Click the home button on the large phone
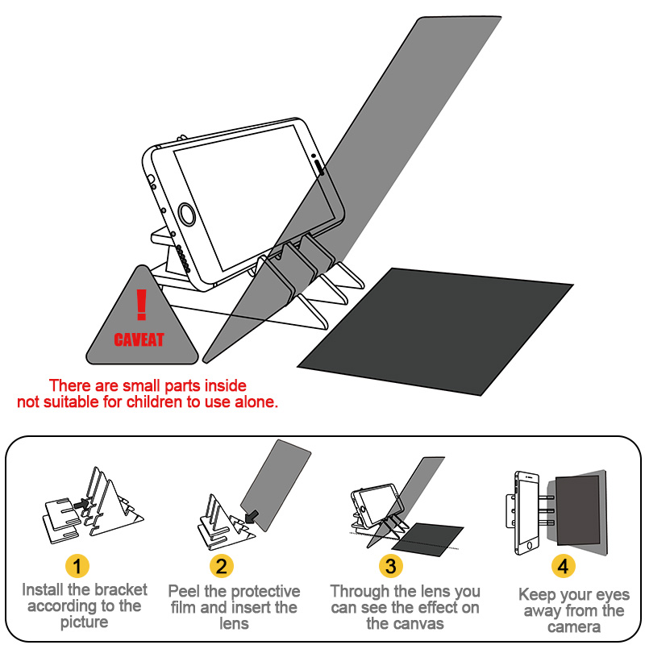(x=188, y=214)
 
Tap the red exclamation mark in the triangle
(x=142, y=306)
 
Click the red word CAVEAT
(x=139, y=339)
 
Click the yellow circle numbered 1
(x=77, y=566)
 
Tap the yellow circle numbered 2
(x=223, y=566)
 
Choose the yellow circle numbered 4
(x=563, y=566)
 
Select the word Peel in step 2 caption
(x=184, y=592)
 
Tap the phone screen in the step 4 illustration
(x=529, y=511)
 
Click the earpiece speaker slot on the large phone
(x=320, y=167)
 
